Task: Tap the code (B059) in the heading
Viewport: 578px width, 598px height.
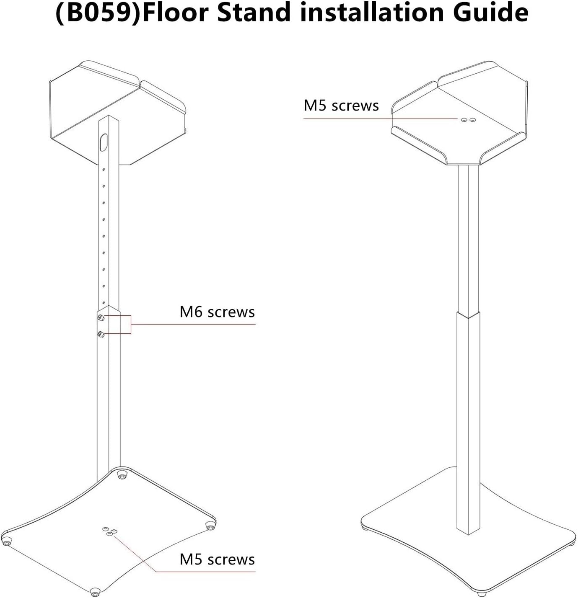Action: pos(98,13)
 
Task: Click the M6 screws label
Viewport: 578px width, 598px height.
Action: pos(217,312)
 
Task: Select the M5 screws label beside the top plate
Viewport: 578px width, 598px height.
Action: pos(341,106)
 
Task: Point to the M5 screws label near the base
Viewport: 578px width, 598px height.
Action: pos(217,559)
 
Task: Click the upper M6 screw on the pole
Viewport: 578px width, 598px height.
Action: pos(101,317)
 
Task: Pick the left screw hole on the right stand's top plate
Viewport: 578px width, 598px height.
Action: pos(464,120)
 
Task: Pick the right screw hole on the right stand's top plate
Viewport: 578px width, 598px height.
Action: pos(473,120)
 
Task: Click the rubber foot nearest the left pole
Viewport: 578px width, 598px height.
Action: pos(122,475)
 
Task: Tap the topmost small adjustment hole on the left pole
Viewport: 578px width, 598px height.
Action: pos(104,170)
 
